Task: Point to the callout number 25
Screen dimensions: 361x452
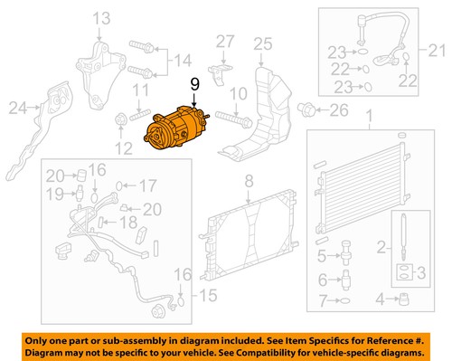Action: click(262, 43)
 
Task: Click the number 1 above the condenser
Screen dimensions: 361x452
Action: click(368, 117)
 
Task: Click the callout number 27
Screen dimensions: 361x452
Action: click(224, 42)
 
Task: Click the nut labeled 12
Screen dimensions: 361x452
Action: click(120, 119)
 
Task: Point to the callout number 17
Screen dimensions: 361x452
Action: click(148, 186)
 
